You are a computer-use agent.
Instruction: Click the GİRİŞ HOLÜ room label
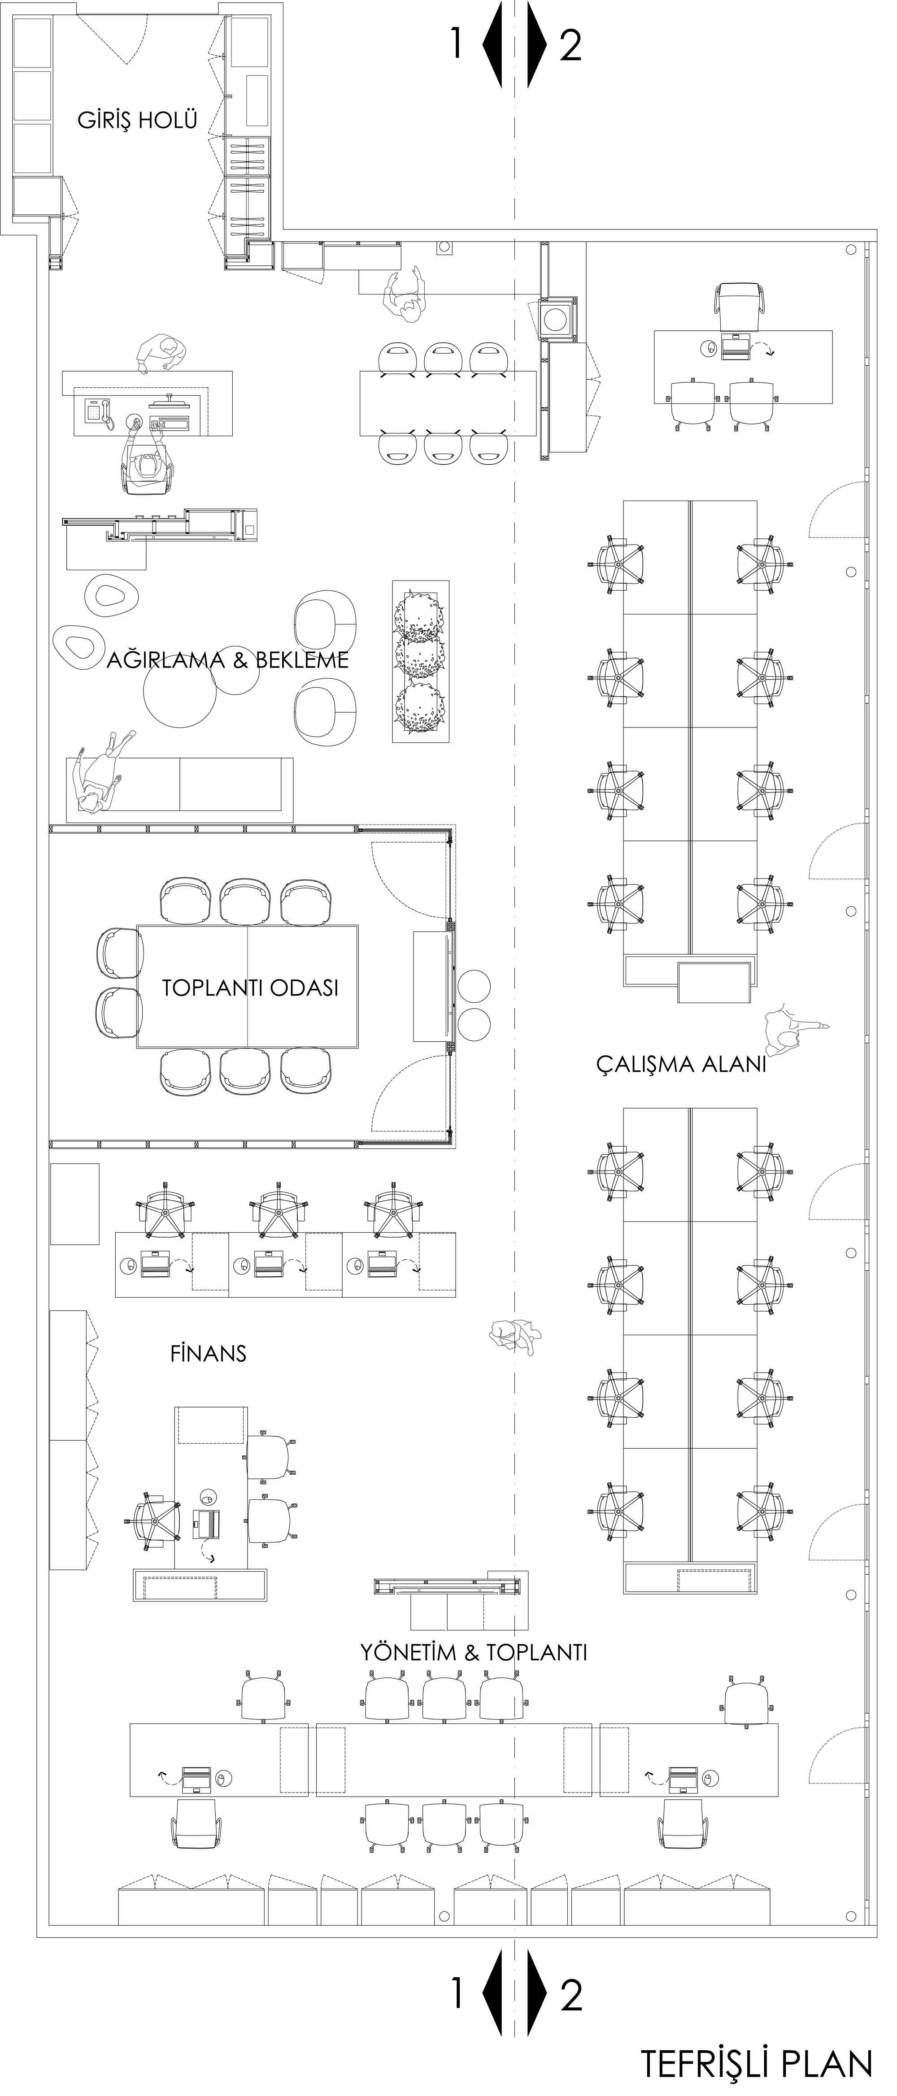coord(138,121)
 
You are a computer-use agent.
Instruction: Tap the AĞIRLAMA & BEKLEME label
coord(228,659)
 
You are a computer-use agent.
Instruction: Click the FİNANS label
coord(209,1353)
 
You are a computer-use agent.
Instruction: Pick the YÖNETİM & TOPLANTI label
coord(474,1653)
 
